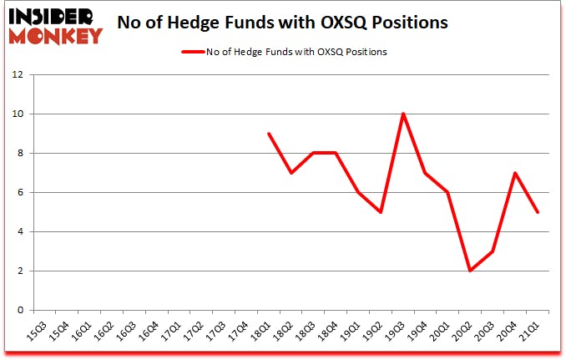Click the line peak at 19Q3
[x=403, y=114]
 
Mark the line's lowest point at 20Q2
[x=471, y=271]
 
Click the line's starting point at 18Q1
[x=268, y=134]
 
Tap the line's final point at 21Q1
[x=538, y=212]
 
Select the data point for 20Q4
[x=516, y=173]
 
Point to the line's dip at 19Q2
[x=381, y=212]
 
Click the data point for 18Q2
[x=291, y=173]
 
